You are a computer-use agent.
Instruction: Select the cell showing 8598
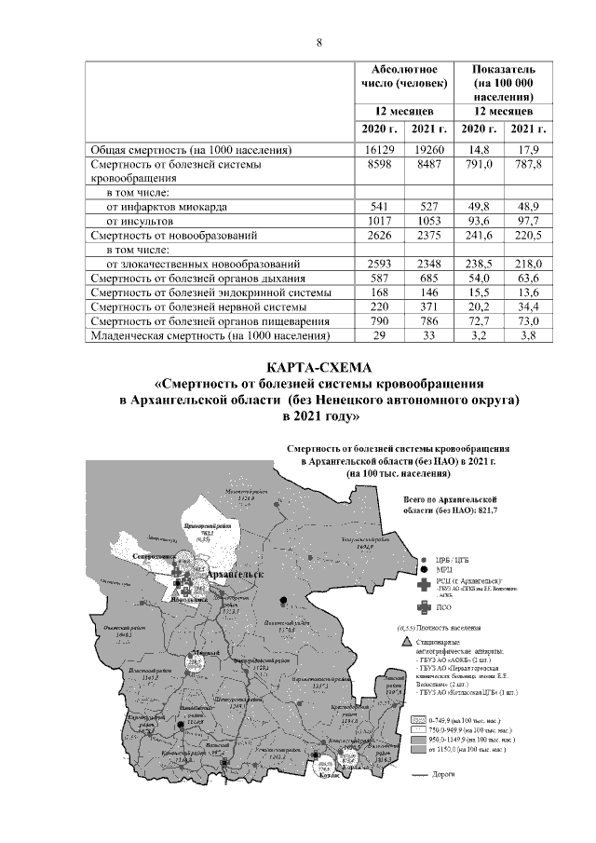379,163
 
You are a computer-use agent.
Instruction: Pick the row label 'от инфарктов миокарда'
168,206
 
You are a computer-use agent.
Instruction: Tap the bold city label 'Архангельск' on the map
232,576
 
